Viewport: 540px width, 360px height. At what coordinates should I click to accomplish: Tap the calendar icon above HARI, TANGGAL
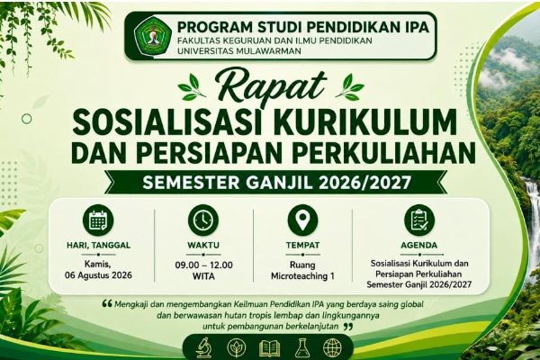(x=98, y=220)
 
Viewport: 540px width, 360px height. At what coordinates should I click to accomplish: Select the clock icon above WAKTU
(x=203, y=220)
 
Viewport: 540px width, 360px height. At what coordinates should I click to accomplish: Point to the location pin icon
(x=302, y=220)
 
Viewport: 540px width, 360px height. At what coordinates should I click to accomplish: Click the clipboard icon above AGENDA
(x=419, y=220)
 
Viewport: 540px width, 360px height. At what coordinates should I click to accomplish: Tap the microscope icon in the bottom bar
(x=204, y=347)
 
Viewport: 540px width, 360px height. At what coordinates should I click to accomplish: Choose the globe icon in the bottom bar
(x=332, y=347)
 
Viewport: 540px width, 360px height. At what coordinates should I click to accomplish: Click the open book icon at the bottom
(x=269, y=348)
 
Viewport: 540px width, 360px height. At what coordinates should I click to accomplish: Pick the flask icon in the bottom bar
(x=302, y=347)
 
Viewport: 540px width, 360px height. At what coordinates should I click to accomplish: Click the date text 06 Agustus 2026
(x=98, y=275)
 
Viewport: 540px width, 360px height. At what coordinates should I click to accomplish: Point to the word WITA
(x=203, y=276)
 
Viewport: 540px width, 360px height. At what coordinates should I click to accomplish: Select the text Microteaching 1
(x=302, y=276)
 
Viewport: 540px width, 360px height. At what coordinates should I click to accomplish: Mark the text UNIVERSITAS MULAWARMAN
(x=239, y=51)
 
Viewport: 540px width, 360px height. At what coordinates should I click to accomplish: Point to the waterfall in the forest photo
(x=532, y=213)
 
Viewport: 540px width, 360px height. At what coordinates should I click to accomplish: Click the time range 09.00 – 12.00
(x=203, y=265)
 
